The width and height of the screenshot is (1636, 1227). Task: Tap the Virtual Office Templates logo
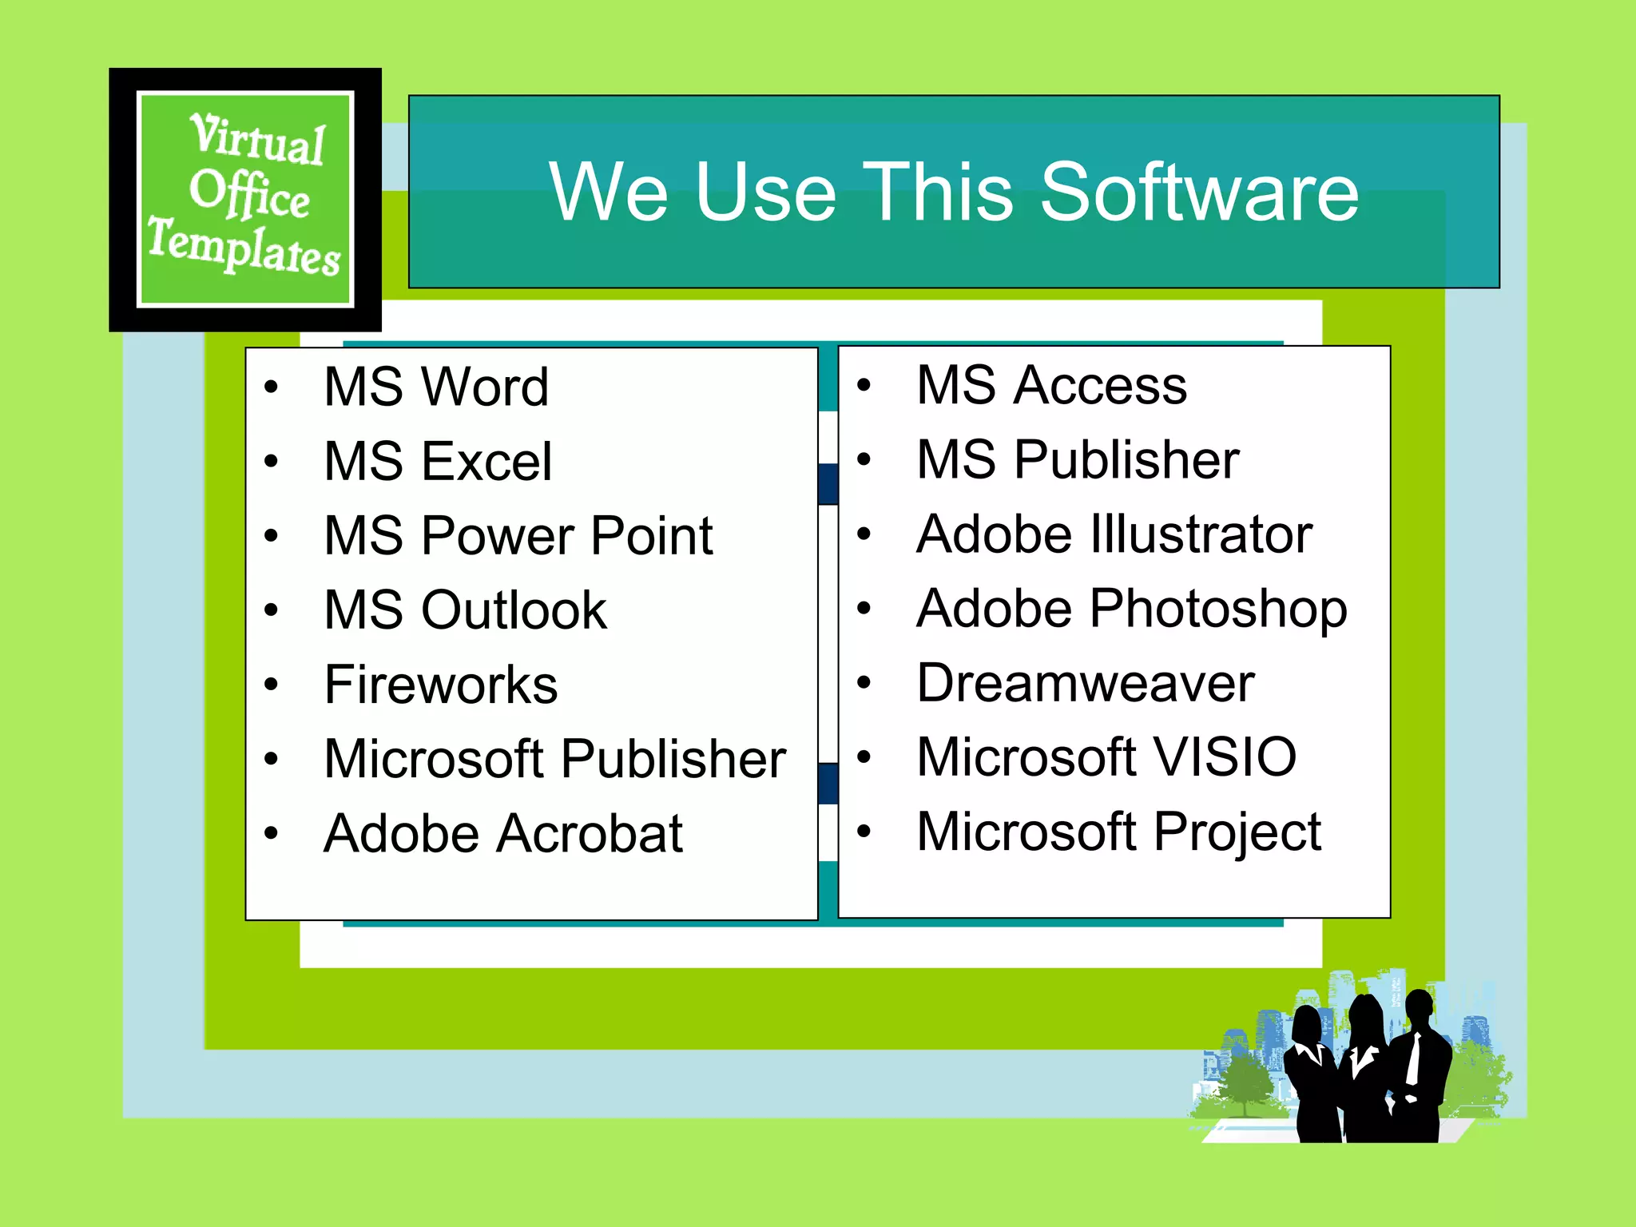[245, 199]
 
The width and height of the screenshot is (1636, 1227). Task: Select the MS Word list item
[436, 387]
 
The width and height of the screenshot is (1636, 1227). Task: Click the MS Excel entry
[438, 462]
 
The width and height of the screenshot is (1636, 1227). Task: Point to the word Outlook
[514, 611]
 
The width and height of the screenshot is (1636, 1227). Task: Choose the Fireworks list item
[441, 685]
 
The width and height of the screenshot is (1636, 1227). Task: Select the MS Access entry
[1051, 386]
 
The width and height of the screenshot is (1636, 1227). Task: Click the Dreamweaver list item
[1086, 683]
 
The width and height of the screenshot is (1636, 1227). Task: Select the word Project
[1238, 832]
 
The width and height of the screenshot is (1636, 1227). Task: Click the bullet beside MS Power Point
[272, 536]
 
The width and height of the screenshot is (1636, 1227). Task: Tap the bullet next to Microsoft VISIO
[864, 756]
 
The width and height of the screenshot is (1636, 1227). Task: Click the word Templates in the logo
[244, 248]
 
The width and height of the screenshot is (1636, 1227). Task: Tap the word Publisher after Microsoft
[673, 760]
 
